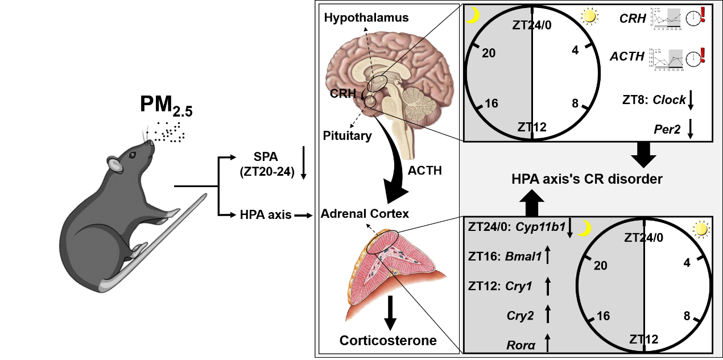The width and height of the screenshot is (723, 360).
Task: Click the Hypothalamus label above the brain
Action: pos(366,18)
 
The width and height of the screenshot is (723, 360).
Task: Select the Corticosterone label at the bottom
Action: pos(389,341)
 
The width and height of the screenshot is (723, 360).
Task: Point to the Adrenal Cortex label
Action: pos(365,214)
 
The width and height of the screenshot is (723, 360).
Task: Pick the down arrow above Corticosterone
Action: pos(390,312)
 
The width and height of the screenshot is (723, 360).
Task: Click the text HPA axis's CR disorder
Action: pos(585,179)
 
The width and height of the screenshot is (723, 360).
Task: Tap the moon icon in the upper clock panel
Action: pos(472,17)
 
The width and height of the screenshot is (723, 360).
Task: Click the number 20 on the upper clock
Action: pos(489,53)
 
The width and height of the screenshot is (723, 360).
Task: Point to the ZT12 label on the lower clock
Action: pos(644,340)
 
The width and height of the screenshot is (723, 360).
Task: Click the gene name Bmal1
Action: pos(523,255)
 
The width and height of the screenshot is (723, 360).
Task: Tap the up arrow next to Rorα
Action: pos(548,343)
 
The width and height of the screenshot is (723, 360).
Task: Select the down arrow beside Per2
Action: pos(690,130)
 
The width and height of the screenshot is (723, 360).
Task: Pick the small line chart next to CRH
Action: pos(666,19)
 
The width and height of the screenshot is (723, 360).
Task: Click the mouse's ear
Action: pos(114,165)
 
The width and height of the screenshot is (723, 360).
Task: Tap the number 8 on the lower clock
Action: pos(687,316)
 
